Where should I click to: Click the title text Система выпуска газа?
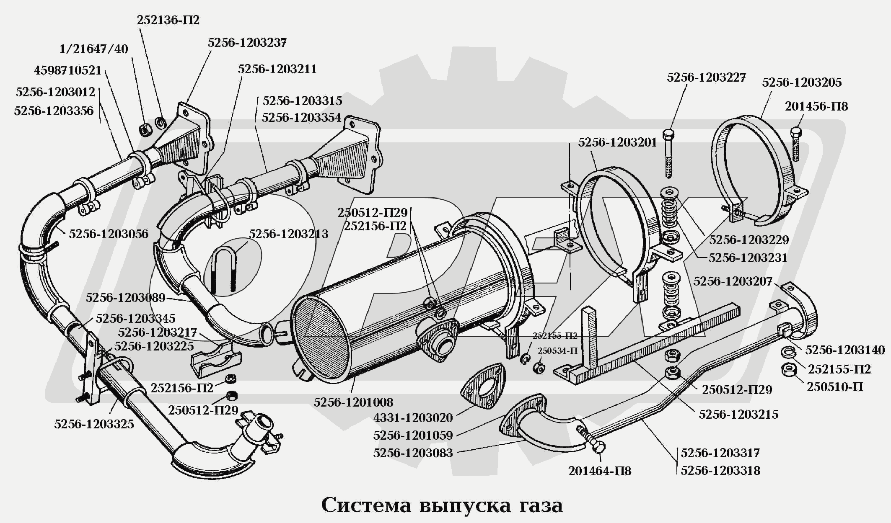pos(442,505)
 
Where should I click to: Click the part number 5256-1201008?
pos(353,402)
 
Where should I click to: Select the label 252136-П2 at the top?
pos(168,20)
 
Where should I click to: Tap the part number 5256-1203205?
pos(801,82)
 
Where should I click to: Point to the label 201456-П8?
pos(816,106)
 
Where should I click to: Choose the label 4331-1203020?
pos(413,417)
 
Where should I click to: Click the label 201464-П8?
pos(599,471)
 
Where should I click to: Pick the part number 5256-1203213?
pos(288,234)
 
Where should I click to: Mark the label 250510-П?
pos(835,386)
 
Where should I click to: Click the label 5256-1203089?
pos(125,298)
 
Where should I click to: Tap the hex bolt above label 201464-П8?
pos(592,440)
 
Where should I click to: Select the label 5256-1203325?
pos(94,424)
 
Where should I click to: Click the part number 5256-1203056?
pos(109,234)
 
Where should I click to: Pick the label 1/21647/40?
pos(93,49)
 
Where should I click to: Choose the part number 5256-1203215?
pos(738,415)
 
